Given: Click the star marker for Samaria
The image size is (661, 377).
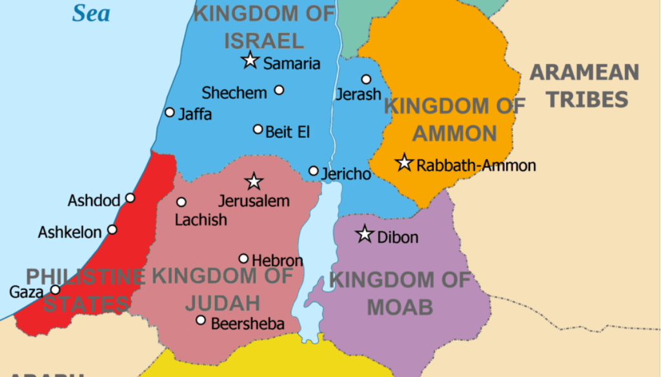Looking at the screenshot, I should (250, 61).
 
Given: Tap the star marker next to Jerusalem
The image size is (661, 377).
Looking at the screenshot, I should (254, 182).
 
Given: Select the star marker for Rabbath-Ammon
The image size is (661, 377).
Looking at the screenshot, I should (404, 163).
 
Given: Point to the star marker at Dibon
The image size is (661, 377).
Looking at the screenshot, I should (365, 235).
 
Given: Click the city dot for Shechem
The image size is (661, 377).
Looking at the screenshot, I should (279, 90).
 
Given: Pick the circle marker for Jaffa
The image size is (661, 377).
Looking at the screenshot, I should (170, 112).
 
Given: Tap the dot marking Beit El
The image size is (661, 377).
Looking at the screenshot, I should (258, 130).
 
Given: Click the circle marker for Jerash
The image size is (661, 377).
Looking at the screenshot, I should (366, 79).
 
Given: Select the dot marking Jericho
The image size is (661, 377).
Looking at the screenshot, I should (314, 171).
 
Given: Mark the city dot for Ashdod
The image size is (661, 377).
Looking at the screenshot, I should (130, 198).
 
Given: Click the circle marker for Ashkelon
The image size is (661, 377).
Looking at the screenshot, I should (112, 229).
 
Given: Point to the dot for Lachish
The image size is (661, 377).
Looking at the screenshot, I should (181, 202).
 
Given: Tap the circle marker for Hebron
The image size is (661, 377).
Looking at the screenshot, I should (243, 258).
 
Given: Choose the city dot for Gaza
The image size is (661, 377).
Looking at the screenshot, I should (56, 290).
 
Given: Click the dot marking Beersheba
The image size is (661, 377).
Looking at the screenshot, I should (201, 320).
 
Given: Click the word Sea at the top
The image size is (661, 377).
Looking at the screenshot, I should (90, 12).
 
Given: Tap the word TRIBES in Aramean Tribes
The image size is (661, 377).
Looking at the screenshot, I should (587, 99).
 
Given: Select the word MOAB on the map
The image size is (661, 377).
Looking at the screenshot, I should (400, 307).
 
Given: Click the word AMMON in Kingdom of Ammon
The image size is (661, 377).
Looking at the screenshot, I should (454, 133).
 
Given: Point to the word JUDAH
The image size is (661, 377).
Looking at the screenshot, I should (223, 302).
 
